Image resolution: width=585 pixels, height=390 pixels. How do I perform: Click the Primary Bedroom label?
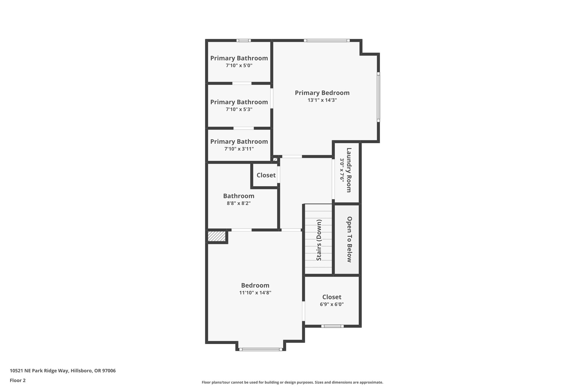[x=322, y=93]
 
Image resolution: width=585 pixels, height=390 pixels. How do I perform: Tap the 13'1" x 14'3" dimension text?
[x=322, y=100]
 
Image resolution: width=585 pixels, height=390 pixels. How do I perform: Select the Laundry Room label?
[x=349, y=170]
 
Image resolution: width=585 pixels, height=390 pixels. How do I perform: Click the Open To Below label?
[x=349, y=239]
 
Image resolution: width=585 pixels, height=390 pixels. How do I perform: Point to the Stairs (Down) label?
[x=319, y=240]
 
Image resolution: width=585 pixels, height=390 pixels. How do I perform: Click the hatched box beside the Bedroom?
[x=217, y=236]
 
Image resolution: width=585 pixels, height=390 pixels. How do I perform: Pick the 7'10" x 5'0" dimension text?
[x=239, y=65]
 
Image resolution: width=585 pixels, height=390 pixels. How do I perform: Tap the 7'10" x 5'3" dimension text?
[x=239, y=109]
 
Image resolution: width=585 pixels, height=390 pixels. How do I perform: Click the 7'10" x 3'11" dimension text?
[x=239, y=149]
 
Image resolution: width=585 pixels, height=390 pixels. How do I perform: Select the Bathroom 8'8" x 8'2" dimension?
[x=239, y=203]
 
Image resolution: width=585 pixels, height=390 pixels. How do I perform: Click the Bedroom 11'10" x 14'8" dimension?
[x=255, y=293]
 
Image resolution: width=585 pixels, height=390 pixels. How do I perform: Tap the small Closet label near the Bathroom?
[x=266, y=175]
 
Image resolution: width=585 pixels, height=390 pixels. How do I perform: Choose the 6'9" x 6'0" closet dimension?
[x=332, y=304]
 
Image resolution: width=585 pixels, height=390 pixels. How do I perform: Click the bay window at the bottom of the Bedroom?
[x=261, y=349]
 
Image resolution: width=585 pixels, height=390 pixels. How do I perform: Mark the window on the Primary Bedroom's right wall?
[x=378, y=97]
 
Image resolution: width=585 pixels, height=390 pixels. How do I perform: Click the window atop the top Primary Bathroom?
[x=243, y=41]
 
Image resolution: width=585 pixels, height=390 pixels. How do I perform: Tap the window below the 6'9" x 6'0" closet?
[x=332, y=326]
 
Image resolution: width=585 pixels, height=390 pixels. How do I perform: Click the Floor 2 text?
[x=18, y=381]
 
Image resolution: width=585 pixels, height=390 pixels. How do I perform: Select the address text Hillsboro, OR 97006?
[x=93, y=371]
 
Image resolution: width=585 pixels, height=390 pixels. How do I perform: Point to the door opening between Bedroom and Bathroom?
[x=241, y=230]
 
